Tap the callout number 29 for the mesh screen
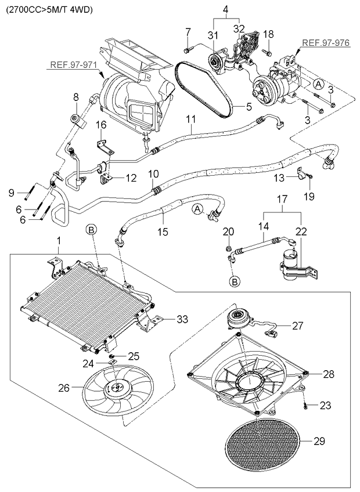point(319,442)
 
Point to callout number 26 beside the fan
point(64,388)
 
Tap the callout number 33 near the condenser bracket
point(182,319)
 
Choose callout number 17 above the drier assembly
point(282,200)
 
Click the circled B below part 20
point(235,281)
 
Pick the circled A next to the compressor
point(318,84)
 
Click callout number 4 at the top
point(225,10)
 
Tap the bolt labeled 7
point(188,49)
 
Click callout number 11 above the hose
point(191,120)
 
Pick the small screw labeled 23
point(305,406)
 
